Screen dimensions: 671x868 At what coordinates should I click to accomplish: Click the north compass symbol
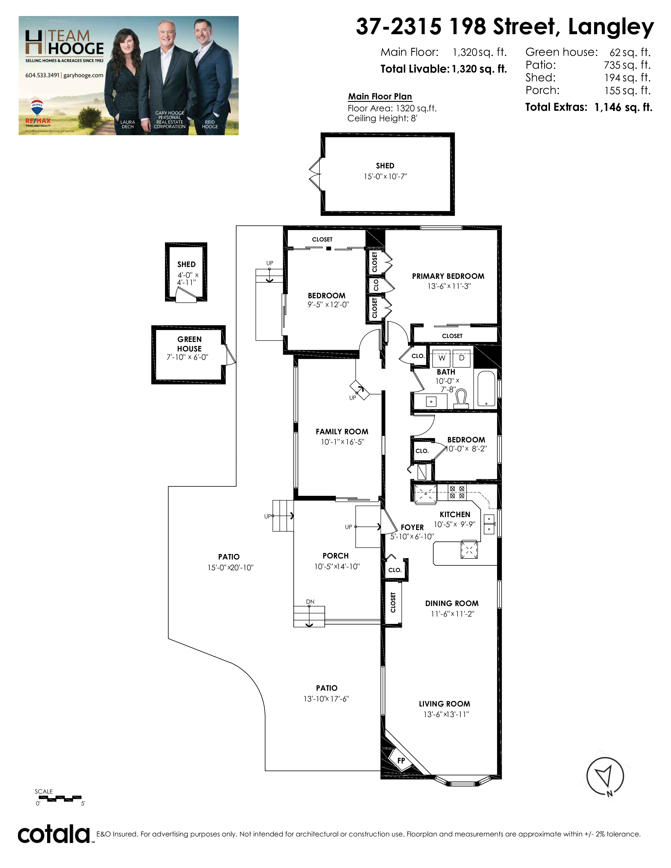(x=605, y=777)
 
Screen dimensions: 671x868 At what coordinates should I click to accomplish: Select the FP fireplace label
(x=401, y=760)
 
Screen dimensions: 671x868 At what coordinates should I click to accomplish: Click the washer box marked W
(x=442, y=358)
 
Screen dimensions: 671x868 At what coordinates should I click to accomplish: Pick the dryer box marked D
(x=462, y=358)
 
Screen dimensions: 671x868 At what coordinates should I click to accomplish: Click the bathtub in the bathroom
(x=486, y=388)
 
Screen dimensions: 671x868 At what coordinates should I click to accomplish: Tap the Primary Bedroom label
(x=448, y=276)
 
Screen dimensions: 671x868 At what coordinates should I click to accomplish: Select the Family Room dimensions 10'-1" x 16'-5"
(x=343, y=442)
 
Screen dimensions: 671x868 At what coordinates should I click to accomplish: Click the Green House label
(x=190, y=344)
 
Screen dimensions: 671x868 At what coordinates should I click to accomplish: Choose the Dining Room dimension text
(x=452, y=614)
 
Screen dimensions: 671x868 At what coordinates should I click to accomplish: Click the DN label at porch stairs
(x=311, y=602)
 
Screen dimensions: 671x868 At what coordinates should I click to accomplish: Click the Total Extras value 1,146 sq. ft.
(x=623, y=107)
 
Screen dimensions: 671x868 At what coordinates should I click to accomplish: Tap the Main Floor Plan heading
(x=380, y=97)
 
